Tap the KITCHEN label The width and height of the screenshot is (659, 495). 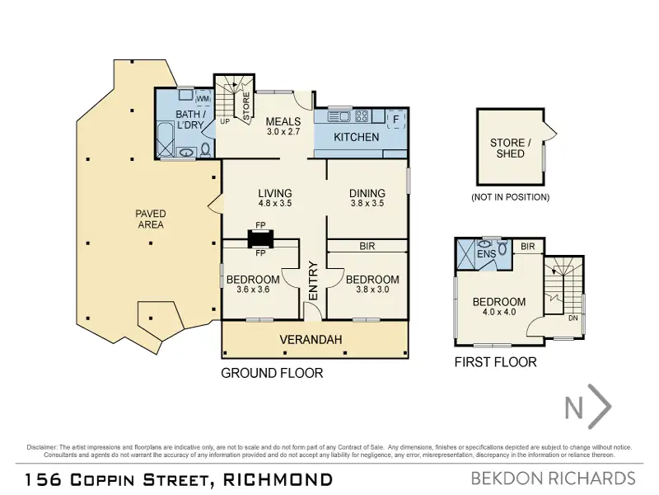357,137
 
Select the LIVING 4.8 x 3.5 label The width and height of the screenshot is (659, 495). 275,198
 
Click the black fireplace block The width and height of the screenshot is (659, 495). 260,238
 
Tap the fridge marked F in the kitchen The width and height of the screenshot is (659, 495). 395,120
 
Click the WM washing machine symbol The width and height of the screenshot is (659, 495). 203,97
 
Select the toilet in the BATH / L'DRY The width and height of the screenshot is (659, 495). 206,150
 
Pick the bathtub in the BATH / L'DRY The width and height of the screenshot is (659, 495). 164,139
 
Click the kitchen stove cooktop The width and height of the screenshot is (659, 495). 362,115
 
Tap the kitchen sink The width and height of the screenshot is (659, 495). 339,115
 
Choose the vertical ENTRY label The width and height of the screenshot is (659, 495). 314,280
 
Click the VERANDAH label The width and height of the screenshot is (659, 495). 311,340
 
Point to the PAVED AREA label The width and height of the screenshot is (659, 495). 151,219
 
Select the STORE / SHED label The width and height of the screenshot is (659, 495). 510,148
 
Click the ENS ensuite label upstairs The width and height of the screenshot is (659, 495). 487,254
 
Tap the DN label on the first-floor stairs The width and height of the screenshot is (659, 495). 573,318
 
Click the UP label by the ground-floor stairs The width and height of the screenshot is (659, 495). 225,121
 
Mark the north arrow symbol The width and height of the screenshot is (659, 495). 587,407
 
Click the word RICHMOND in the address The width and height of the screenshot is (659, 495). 278,479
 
